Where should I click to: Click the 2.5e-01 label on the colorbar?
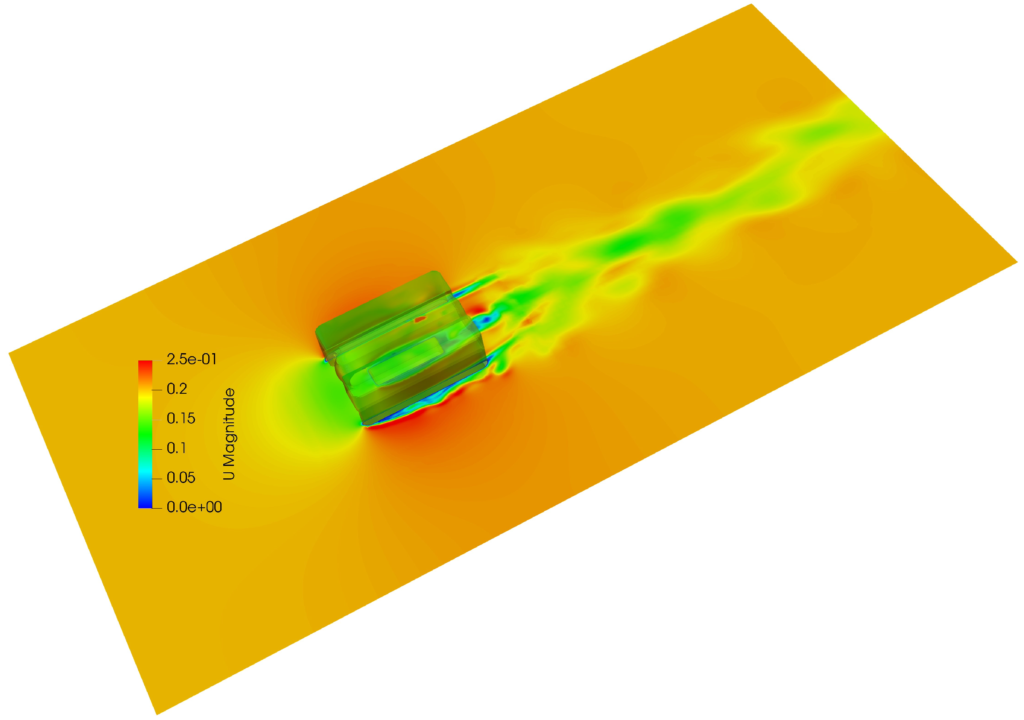pyautogui.click(x=192, y=359)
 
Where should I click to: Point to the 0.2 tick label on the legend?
pyautogui.click(x=177, y=389)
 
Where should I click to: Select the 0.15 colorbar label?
pyautogui.click(x=181, y=419)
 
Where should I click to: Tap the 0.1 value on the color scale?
pyautogui.click(x=176, y=448)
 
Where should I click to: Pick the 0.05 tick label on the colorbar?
pyautogui.click(x=181, y=478)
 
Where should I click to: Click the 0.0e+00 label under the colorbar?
pyautogui.click(x=195, y=507)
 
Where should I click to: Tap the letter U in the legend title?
pyautogui.click(x=229, y=474)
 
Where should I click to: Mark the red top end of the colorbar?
pyautogui.click(x=146, y=362)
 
